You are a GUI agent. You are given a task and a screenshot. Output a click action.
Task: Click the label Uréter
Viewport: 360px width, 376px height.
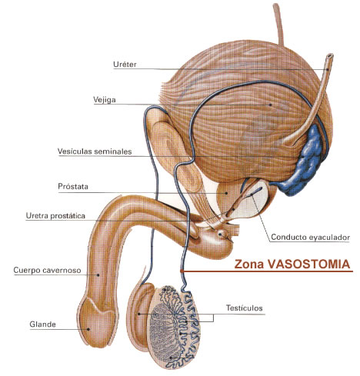click(125, 64)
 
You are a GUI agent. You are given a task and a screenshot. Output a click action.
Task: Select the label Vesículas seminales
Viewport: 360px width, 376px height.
click(95, 151)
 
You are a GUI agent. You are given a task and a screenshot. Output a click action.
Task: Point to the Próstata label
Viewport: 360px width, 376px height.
click(73, 186)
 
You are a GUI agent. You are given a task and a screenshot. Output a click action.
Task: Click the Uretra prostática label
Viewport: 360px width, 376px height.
click(55, 216)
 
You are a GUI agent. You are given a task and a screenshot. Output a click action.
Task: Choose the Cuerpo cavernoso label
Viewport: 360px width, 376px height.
click(47, 270)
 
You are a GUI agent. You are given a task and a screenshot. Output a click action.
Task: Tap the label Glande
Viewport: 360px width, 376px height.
click(42, 324)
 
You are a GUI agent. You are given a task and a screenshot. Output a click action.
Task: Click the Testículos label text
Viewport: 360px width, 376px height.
click(245, 308)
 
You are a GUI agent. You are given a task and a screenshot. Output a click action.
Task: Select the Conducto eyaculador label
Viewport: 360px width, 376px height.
click(311, 237)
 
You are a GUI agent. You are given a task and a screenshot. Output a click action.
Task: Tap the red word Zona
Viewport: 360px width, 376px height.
click(249, 265)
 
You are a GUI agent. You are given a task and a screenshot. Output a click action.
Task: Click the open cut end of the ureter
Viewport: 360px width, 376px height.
click(330, 56)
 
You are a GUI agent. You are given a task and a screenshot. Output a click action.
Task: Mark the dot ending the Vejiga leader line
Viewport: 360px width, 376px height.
click(270, 105)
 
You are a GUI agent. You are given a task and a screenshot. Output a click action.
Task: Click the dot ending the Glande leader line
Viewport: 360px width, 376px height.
click(88, 329)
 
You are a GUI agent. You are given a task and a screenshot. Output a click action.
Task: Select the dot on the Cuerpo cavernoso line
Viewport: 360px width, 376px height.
click(98, 275)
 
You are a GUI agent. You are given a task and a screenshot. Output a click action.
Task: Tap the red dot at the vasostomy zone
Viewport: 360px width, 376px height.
click(182, 271)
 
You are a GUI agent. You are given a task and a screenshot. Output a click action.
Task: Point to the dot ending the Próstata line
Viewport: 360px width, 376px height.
click(227, 193)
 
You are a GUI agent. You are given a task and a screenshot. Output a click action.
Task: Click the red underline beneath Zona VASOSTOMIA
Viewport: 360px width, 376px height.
click(267, 271)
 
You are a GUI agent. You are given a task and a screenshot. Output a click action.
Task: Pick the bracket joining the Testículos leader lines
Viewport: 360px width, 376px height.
click(213, 318)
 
